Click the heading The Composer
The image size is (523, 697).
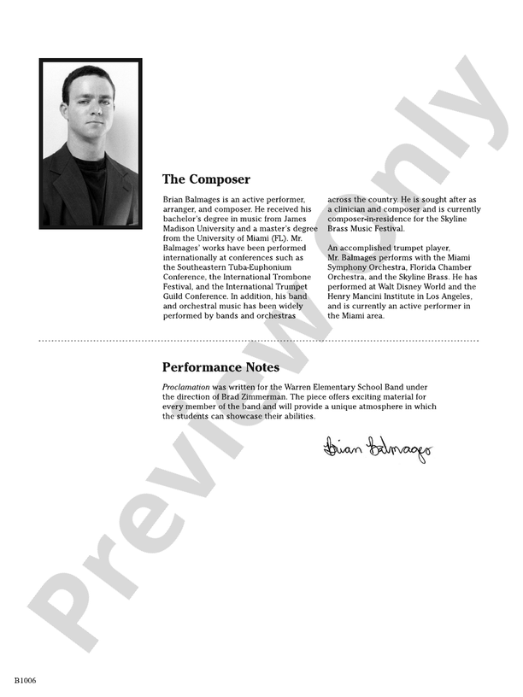point(206,179)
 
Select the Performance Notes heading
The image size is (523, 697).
point(220,367)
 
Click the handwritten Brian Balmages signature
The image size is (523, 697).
point(378,447)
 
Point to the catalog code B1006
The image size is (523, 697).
point(25,681)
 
